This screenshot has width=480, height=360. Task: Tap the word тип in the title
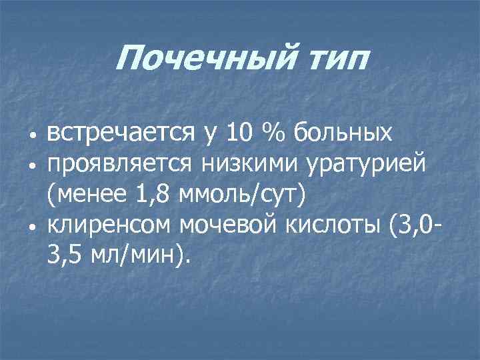(335, 61)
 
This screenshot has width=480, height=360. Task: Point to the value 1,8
(150, 195)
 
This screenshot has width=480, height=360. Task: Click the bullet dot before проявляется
(31, 165)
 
